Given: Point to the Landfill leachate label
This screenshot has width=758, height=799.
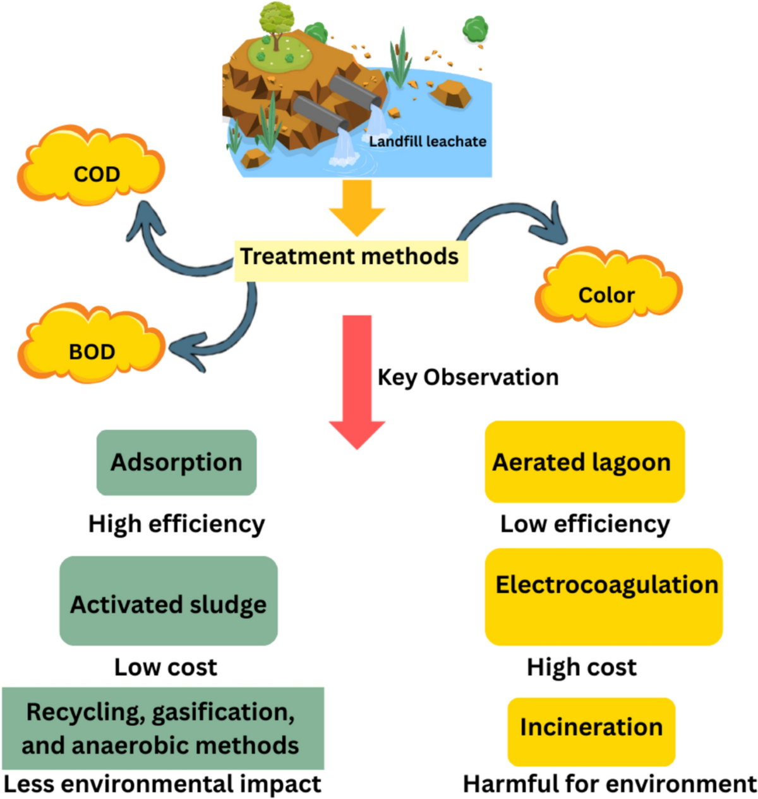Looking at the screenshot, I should [x=428, y=141].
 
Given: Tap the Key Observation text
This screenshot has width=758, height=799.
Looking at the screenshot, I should [x=468, y=377].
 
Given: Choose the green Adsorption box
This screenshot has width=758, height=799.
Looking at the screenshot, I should [x=176, y=462].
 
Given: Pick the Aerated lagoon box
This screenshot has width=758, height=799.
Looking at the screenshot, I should [x=584, y=462].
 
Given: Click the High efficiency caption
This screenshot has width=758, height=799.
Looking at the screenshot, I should [x=176, y=524].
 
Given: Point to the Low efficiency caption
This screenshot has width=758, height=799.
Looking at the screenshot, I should [x=585, y=524].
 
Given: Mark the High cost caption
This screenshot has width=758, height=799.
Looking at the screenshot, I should [x=582, y=667].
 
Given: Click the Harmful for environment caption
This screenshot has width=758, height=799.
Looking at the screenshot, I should [x=610, y=784].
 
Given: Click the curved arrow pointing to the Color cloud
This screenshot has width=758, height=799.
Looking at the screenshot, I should [x=518, y=218].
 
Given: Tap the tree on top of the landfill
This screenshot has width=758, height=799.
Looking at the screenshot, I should [x=276, y=22].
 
